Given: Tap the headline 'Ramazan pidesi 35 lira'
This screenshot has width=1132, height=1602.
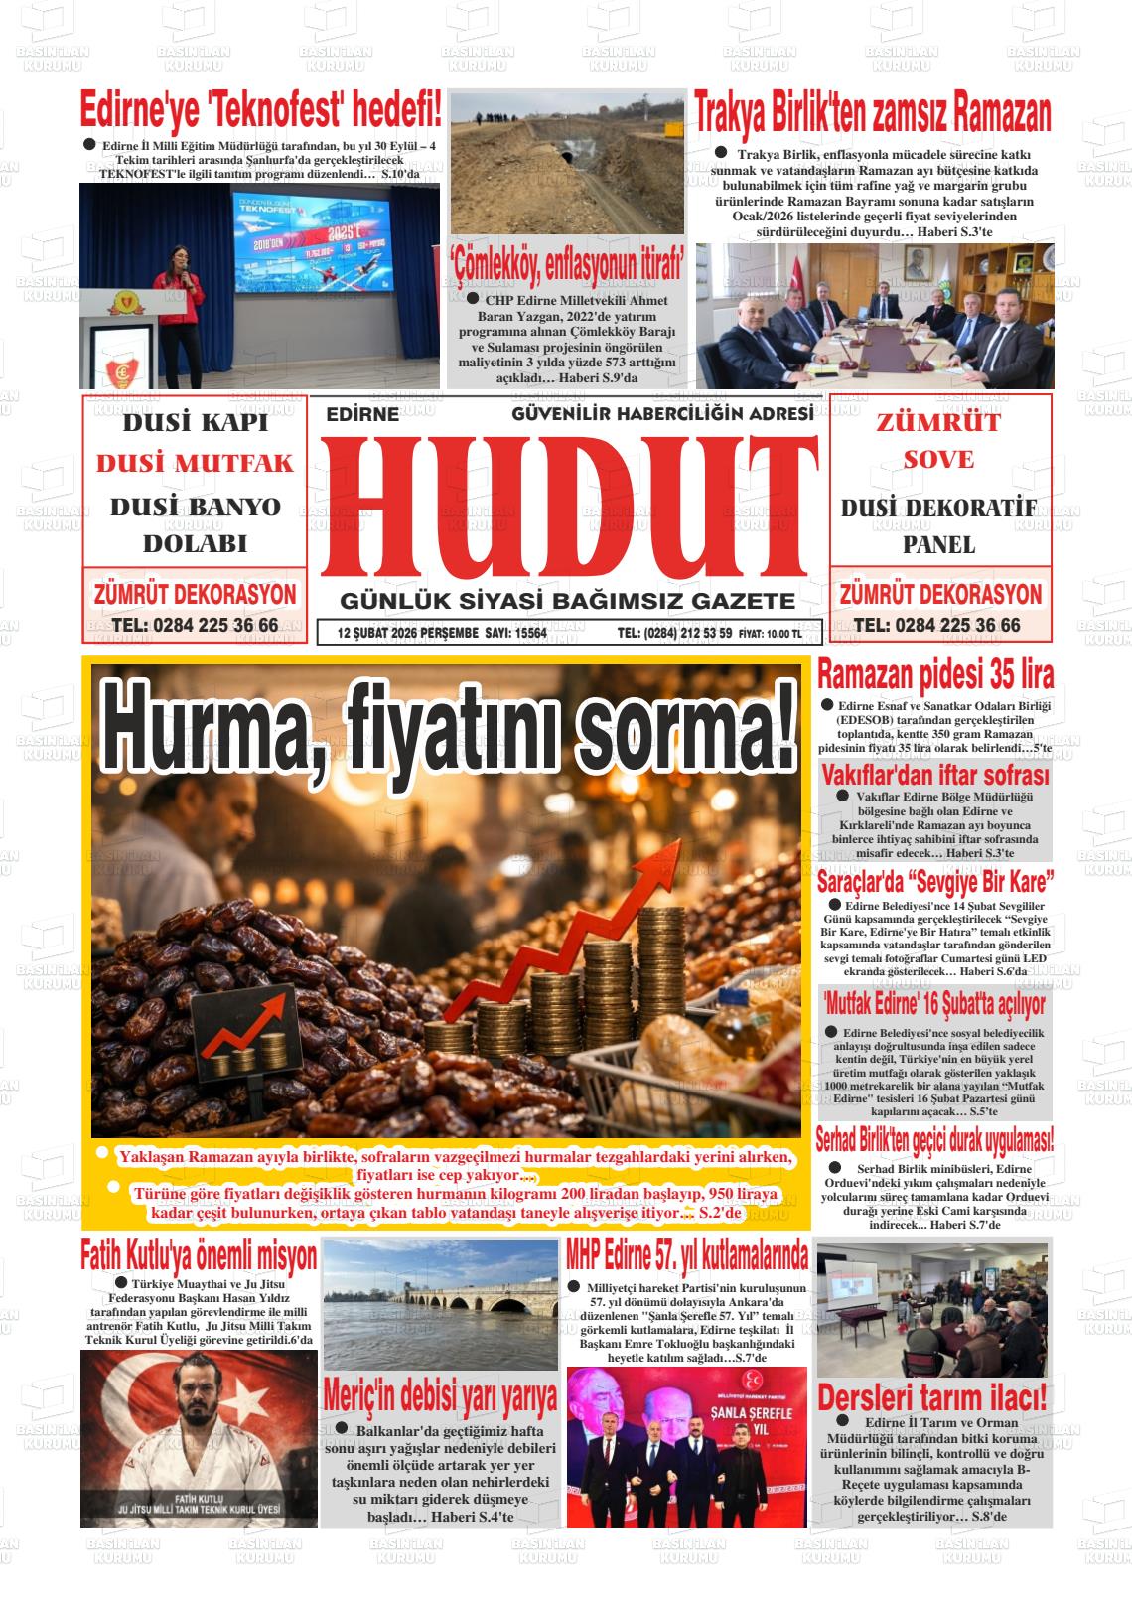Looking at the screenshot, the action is [933, 675].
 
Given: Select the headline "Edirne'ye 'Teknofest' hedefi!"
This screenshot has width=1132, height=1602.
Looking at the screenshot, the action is [260, 107].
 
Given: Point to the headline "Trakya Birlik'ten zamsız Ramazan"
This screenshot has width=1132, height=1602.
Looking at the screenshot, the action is [872, 113].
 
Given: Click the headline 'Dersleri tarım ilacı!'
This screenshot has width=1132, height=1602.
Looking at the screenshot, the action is [931, 1396].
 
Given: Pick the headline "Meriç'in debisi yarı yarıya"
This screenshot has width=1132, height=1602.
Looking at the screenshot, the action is [440, 1396].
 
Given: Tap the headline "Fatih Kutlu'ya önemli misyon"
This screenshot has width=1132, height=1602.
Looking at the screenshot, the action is [199, 1255].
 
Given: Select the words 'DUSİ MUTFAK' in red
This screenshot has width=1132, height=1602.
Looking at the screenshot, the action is [195, 464].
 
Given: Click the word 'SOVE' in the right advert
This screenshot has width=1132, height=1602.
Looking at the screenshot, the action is [938, 460].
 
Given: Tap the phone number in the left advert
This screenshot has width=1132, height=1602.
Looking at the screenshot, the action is [195, 626].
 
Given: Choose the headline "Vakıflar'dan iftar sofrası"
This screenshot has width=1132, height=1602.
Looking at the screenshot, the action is [933, 775].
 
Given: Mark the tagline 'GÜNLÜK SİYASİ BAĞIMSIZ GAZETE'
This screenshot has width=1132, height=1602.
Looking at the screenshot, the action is [567, 601].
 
